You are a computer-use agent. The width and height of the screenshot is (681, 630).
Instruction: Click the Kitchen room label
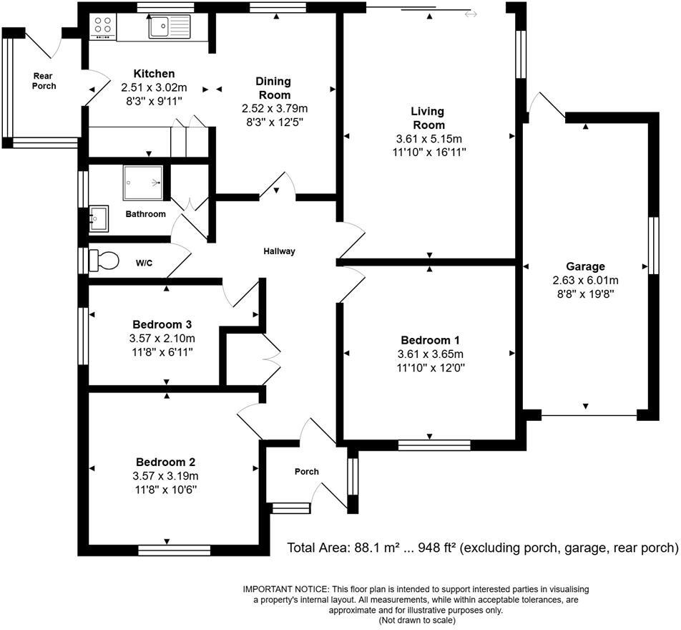153,74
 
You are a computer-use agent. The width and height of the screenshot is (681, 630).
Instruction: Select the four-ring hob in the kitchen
102,27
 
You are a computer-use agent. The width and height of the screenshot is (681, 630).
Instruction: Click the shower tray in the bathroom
143,183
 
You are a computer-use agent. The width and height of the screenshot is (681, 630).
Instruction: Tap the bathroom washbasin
98,218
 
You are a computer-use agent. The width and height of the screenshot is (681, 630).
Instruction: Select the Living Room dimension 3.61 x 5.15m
427,139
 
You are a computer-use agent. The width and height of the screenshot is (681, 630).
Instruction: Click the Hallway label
279,251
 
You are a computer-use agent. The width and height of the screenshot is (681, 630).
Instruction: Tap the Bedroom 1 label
429,340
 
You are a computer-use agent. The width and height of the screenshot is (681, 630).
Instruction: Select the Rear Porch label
44,80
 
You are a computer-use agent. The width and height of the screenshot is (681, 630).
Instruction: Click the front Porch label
307,471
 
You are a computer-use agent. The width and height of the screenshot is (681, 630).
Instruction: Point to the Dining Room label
273,88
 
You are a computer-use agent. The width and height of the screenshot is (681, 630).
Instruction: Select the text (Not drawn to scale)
416,621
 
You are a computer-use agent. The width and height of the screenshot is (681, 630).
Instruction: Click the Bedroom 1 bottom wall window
434,445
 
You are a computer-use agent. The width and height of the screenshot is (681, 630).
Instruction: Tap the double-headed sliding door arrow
470,14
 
